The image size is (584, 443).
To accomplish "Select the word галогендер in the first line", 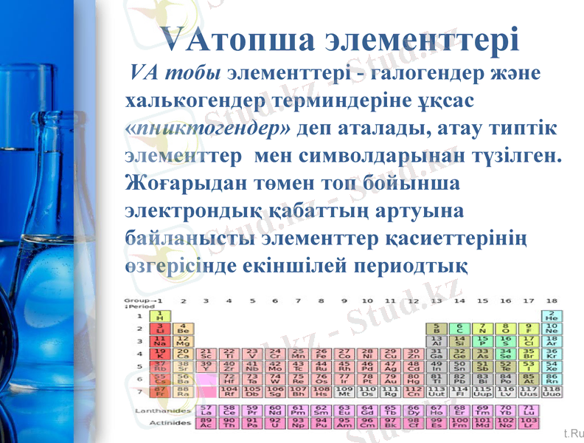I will pos(404,74).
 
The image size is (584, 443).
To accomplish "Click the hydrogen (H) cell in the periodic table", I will pos(159,316).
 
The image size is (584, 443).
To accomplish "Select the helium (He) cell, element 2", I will pos(551,316).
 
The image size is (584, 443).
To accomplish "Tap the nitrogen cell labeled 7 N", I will pos(482,329).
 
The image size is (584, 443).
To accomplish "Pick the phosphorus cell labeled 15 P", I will pos(482,342).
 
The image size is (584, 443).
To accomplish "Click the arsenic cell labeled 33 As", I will pos(482,354).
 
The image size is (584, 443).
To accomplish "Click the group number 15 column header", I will pos(482,301).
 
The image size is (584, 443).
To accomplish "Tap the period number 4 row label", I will pos(140,354).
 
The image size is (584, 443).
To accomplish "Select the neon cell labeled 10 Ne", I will pos(551,329).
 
